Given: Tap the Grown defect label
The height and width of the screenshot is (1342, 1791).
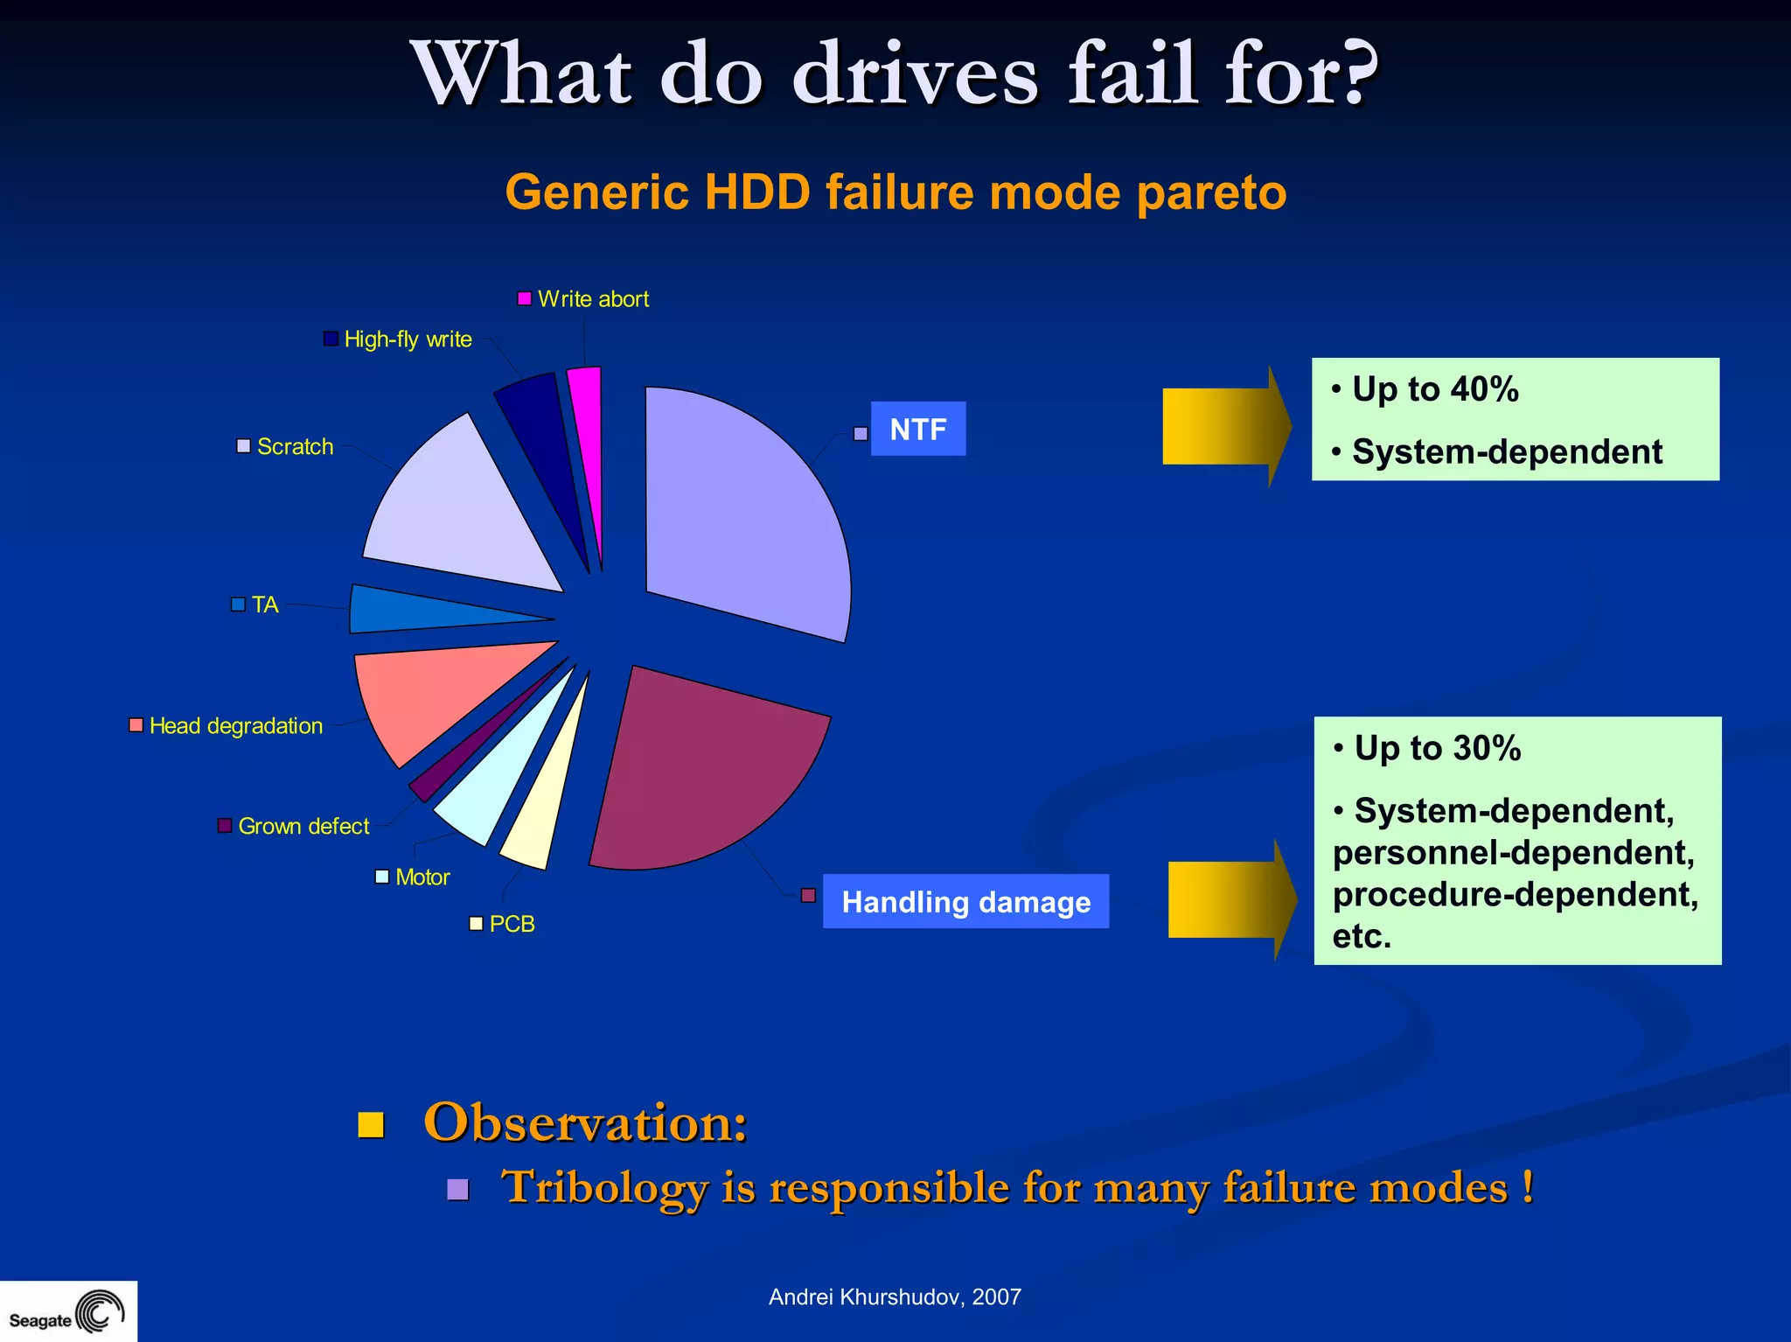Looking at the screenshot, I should (303, 826).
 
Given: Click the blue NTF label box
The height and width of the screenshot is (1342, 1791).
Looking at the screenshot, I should (918, 429).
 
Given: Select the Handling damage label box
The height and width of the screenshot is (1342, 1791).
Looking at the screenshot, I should (965, 901).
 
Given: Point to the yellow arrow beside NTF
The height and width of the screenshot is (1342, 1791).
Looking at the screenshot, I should (1224, 426).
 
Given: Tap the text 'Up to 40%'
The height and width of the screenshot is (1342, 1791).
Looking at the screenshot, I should (1435, 389).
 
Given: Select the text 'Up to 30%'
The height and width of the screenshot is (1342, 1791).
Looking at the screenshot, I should (1438, 749).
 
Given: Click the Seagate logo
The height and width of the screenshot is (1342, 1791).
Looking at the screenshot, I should (67, 1312).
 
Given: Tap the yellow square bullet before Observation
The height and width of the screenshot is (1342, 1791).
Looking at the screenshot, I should (372, 1124).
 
